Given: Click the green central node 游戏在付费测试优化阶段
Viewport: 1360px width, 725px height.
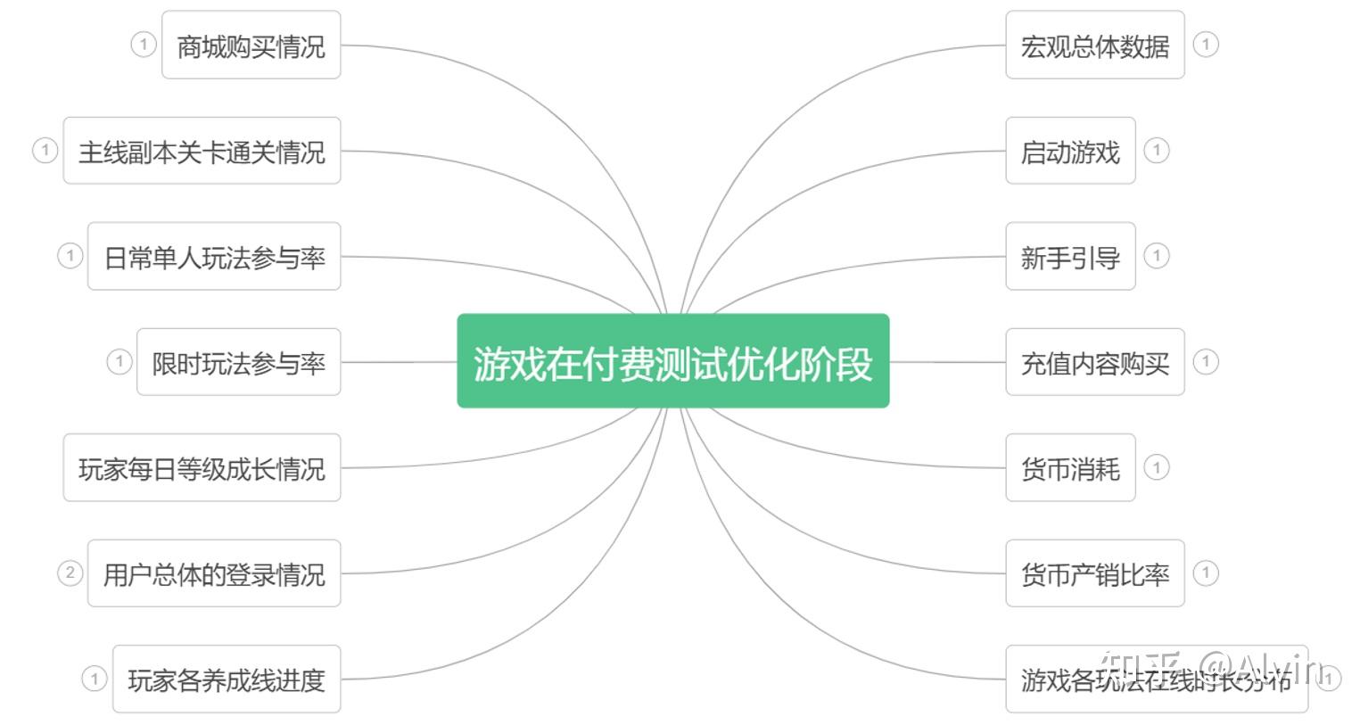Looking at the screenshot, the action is pos(672,361).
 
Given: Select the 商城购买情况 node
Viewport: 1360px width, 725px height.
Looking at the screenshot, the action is pos(251,45).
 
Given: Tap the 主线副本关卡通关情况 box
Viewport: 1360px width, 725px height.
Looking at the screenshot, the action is pos(202,151).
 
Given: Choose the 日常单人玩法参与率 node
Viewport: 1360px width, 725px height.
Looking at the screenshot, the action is pos(214,257).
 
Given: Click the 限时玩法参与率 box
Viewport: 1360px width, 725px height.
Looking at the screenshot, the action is pos(238,362).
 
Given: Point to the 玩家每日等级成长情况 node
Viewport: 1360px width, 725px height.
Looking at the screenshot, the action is pos(202,468).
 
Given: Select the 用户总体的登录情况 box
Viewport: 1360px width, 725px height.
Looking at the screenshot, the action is pos(214,573).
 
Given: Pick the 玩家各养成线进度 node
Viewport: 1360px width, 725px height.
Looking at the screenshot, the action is pos(227,680).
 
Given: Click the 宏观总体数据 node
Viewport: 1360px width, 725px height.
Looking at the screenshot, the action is pos(1094,45).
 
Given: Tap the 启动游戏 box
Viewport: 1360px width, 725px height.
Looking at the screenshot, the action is pos(1070,151).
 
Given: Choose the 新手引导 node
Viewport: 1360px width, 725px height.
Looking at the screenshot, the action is pos(1070,257).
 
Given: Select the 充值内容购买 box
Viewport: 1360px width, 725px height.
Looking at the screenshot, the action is pos(1094,362).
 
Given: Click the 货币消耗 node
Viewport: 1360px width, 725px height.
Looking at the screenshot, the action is pos(1070,468).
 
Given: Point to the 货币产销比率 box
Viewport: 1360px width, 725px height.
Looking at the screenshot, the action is pos(1094,573).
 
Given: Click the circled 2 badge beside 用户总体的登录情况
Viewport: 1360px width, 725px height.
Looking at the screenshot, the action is pos(70,573).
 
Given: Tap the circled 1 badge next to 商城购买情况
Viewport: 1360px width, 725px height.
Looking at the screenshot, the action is pos(144,44).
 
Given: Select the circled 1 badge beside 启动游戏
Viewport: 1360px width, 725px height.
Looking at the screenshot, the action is pos(1157,150).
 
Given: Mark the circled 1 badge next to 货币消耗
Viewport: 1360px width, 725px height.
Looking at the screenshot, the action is pos(1157,467).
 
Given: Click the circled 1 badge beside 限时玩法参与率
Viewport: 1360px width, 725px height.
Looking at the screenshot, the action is pos(119,361).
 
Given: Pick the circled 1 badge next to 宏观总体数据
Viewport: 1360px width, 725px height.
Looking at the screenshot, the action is pos(1206,44).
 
